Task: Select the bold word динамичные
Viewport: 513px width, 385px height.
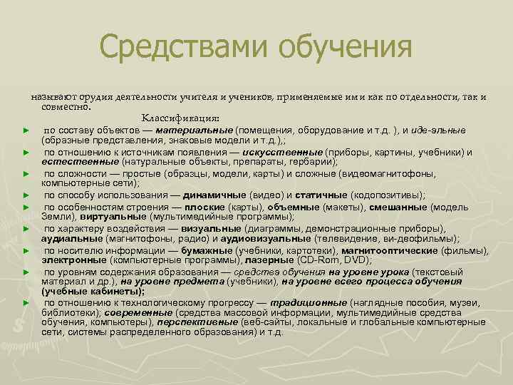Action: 213,195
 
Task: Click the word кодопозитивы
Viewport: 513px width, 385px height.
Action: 389,195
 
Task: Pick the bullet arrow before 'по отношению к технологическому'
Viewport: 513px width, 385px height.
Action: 26,303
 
